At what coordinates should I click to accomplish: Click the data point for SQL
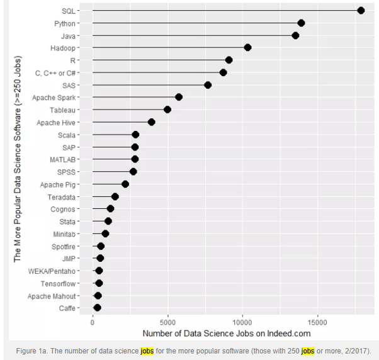tap(361, 10)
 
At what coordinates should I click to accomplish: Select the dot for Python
tap(301, 23)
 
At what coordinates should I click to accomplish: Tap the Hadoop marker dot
tap(247, 48)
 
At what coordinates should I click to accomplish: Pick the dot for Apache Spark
tap(179, 97)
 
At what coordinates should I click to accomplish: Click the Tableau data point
tap(167, 110)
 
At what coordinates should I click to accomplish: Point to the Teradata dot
tap(115, 196)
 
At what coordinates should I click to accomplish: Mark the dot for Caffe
tap(97, 308)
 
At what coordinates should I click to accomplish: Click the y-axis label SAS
tap(69, 85)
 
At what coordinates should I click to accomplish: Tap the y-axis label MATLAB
tap(63, 159)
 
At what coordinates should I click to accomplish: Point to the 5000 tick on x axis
tap(167, 321)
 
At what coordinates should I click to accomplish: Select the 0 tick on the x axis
tap(93, 321)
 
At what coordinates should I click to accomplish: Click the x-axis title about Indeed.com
tap(226, 333)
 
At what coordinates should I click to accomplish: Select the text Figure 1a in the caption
tap(36, 351)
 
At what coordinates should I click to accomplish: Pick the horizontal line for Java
tap(189, 36)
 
